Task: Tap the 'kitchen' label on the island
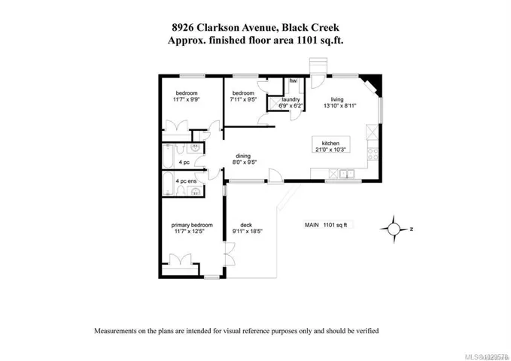tap(331, 143)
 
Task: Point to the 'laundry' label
tap(291, 99)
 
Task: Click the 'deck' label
tap(246, 224)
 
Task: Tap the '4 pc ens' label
tap(186, 181)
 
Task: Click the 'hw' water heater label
tap(294, 80)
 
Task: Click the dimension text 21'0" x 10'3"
tap(332, 150)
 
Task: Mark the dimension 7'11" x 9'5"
tap(243, 98)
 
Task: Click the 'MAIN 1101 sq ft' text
tap(328, 224)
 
